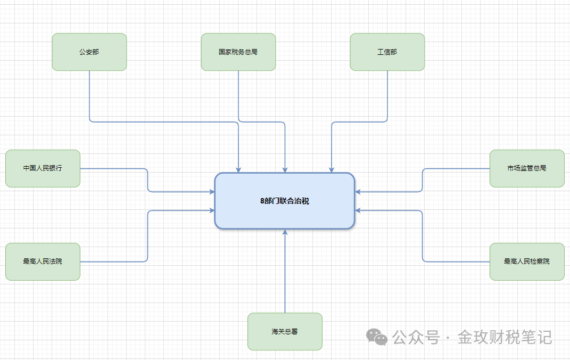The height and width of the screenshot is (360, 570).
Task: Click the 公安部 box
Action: tap(89, 52)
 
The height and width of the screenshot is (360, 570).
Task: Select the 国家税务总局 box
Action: tap(238, 52)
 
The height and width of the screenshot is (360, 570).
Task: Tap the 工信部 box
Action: tap(387, 52)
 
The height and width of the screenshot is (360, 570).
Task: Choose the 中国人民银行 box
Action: tap(43, 168)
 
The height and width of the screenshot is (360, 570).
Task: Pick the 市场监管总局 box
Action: tap(527, 168)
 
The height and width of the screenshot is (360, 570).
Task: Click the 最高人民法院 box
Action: tap(43, 261)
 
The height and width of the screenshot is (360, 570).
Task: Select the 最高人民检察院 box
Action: tap(527, 261)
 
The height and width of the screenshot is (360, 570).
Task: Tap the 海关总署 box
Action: tap(285, 331)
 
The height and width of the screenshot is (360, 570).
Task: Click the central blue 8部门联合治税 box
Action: tap(285, 201)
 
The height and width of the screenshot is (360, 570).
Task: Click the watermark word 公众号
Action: tap(416, 337)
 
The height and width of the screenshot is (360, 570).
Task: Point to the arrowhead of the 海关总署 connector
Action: tap(285, 232)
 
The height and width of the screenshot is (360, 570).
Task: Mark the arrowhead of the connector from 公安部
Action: tap(238, 170)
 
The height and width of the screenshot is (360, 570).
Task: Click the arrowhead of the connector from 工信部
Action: tap(332, 170)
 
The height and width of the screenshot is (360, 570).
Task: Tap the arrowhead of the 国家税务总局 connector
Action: tap(285, 170)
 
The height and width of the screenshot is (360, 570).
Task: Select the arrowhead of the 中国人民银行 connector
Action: tap(212, 191)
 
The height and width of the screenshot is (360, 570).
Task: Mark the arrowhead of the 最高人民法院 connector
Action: tap(212, 210)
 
